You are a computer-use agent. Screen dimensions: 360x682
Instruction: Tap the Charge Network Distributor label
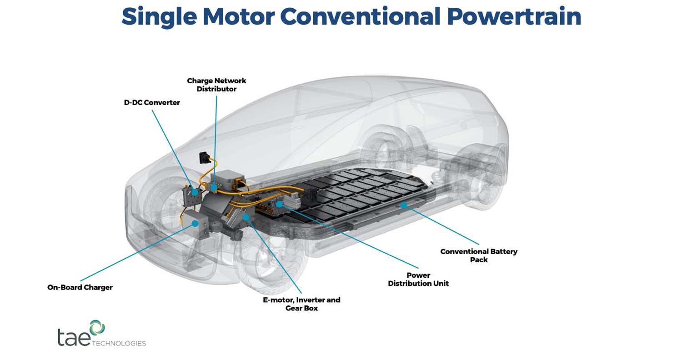pyautogui.click(x=216, y=85)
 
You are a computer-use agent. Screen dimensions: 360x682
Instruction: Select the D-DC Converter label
pyautogui.click(x=152, y=103)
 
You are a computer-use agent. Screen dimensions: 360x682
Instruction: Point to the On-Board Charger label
pyautogui.click(x=80, y=287)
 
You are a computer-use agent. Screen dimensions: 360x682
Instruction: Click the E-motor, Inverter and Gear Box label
pyautogui.click(x=302, y=304)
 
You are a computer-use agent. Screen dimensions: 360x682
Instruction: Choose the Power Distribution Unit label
pyautogui.click(x=418, y=279)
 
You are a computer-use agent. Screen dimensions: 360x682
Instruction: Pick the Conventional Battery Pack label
pyautogui.click(x=479, y=255)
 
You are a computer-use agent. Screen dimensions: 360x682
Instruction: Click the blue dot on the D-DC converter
pyautogui.click(x=195, y=192)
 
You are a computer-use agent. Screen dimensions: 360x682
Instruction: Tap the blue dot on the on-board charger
pyautogui.click(x=195, y=223)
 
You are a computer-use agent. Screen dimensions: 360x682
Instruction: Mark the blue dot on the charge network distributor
pyautogui.click(x=214, y=187)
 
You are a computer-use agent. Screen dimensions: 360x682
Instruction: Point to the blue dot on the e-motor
pyautogui.click(x=246, y=218)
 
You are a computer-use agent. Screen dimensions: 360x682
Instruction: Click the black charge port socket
pyautogui.click(x=202, y=158)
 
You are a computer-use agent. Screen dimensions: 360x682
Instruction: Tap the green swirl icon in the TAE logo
pyautogui.click(x=97, y=327)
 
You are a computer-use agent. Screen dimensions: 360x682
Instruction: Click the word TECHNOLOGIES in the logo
pyautogui.click(x=119, y=343)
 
